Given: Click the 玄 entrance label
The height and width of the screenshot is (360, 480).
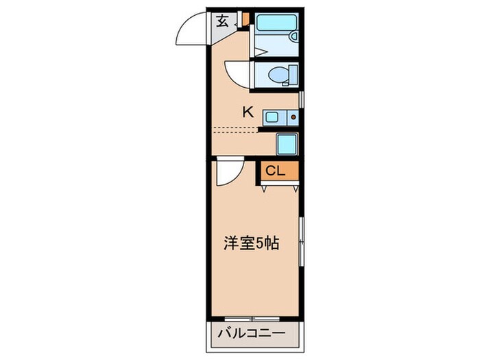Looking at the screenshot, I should click(223, 21).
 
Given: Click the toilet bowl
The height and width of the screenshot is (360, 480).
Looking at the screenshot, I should click(277, 73).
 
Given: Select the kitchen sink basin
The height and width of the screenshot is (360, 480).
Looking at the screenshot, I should click(272, 117).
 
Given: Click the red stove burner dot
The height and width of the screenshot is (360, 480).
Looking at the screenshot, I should click(293, 117).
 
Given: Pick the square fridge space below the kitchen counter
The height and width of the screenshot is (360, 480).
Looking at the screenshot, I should click(287, 144).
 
